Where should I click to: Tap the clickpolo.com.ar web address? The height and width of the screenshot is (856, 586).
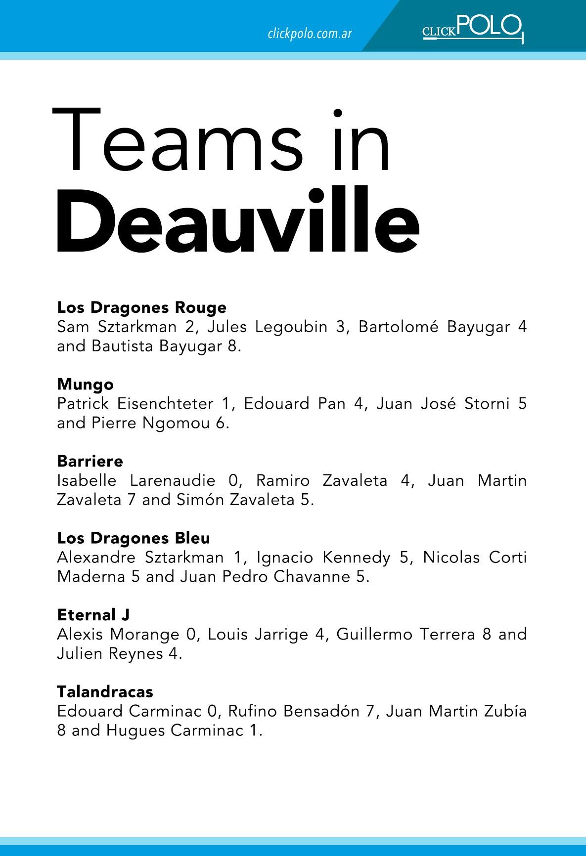point(310,34)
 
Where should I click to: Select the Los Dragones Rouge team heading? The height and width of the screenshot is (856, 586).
point(142,307)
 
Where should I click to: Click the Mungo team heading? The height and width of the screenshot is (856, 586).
point(85,385)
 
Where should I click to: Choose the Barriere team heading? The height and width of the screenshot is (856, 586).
point(90,461)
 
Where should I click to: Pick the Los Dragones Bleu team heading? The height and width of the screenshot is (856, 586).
point(134,538)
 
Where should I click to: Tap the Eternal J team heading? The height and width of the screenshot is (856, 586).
point(93,615)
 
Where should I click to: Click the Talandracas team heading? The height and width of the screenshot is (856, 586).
point(105,691)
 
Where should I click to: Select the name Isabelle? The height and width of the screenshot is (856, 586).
point(87,480)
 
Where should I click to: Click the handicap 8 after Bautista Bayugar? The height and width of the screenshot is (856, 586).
point(232,346)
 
